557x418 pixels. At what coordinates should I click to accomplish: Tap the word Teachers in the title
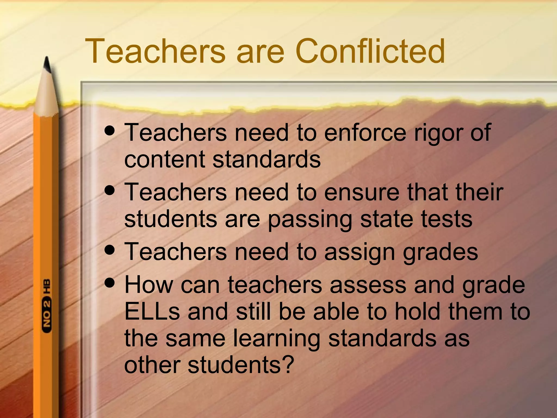pyautogui.click(x=155, y=51)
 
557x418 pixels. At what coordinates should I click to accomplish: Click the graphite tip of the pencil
pyautogui.click(x=47, y=64)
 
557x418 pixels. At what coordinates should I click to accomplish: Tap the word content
pyautogui.click(x=164, y=160)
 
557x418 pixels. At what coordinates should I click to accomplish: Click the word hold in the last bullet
pyautogui.click(x=417, y=312)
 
